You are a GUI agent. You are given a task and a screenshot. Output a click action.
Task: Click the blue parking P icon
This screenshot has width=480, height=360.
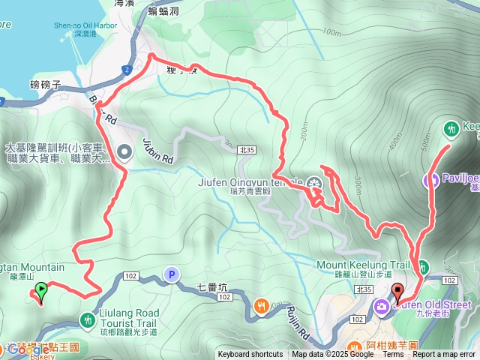tap(172, 276)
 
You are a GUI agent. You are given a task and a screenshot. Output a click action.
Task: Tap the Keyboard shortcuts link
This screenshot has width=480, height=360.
tap(250, 355)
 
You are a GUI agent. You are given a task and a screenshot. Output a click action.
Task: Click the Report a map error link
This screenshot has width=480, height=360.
tap(445, 355)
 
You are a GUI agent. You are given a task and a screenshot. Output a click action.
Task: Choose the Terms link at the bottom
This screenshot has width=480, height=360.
tap(394, 355)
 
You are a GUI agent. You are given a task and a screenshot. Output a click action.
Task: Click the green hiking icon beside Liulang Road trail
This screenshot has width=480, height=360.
tap(88, 318)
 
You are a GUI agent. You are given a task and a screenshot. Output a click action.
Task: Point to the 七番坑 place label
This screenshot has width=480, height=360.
tap(212, 286)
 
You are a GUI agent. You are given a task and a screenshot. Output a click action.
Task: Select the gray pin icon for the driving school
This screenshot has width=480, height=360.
tap(124, 151)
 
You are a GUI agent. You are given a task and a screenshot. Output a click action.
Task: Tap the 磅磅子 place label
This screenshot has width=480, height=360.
tap(44, 85)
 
